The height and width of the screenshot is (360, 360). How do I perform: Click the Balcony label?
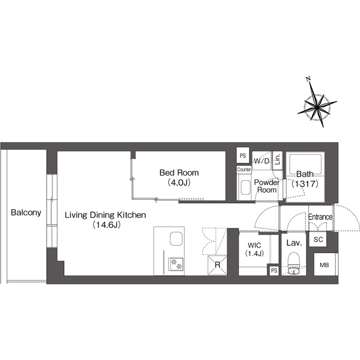pos(26,213)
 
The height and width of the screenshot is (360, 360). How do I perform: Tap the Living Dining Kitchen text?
pos(105,215)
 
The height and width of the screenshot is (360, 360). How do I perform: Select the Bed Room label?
pos(179,173)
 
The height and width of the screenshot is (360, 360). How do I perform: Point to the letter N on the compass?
pos(308,79)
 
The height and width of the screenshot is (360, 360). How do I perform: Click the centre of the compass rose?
pos(317,107)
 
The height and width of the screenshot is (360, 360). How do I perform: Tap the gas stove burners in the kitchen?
pos(176,264)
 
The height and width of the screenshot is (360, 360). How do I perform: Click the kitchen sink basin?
pos(176,238)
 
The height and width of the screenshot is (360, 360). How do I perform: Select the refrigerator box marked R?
pos(217,265)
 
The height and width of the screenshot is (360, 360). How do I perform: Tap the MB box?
pos(325,264)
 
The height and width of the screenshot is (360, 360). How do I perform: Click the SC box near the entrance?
pos(318,240)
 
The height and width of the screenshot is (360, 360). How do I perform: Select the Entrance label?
pos(320,217)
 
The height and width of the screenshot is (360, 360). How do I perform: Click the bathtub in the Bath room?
pos(305,165)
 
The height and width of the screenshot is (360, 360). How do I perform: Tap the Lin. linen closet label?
pos(277,159)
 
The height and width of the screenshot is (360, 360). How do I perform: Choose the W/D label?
pos(262,161)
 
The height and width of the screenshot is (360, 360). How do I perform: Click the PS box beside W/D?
pos(243,156)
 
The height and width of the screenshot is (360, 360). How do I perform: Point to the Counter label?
pos(244,169)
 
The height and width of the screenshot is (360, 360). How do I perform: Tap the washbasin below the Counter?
pos(245,187)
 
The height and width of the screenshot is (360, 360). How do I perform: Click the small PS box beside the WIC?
pos(274,271)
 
